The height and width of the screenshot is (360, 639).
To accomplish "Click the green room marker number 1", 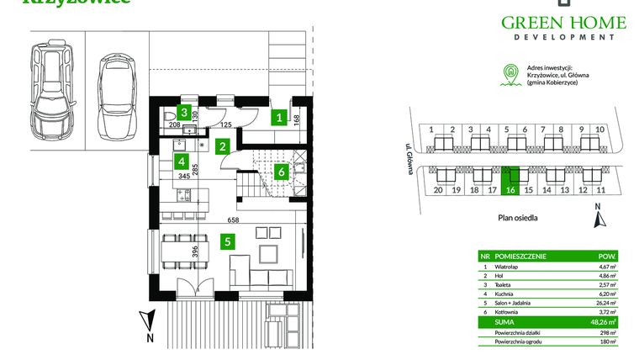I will [x=278, y=119].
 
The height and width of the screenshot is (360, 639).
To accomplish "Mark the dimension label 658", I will [x=231, y=220].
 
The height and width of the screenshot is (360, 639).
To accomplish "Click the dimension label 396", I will [x=193, y=251].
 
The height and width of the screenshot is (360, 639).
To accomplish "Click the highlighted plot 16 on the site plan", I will [x=510, y=181].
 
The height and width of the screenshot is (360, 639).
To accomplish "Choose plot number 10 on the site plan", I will [x=599, y=130].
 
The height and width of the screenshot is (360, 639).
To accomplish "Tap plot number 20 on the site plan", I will [x=438, y=191].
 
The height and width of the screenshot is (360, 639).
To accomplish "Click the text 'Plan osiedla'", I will [x=515, y=217].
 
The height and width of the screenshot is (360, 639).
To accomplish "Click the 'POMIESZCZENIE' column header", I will [x=521, y=257].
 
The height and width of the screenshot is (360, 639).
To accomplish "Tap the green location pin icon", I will [x=507, y=74].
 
